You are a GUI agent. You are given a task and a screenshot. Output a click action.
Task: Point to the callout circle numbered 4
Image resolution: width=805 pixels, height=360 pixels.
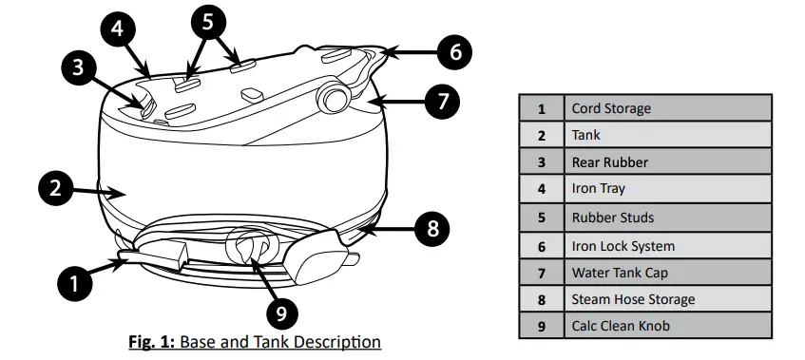117,28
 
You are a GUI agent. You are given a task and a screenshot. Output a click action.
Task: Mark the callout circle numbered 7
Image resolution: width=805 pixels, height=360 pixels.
440,103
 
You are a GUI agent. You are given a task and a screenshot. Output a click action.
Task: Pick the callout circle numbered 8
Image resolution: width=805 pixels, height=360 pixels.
432,228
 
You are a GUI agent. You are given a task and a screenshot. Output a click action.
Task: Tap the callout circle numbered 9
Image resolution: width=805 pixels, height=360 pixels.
281,310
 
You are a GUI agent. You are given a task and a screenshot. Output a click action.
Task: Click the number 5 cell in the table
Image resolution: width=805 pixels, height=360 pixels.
542,218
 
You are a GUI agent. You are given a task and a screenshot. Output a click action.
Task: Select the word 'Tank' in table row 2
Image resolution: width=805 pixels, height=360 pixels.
586,136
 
